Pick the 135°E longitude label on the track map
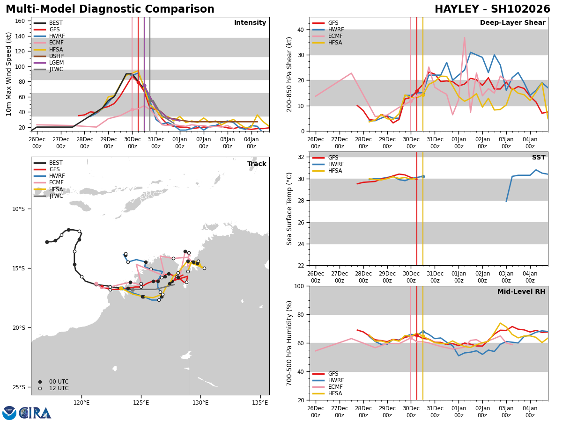(260, 402)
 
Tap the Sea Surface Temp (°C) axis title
(289, 209)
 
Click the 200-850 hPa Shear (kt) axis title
(289, 74)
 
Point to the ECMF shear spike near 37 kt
(465, 38)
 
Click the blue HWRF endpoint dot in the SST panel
(422, 176)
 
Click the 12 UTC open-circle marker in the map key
(40, 388)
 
